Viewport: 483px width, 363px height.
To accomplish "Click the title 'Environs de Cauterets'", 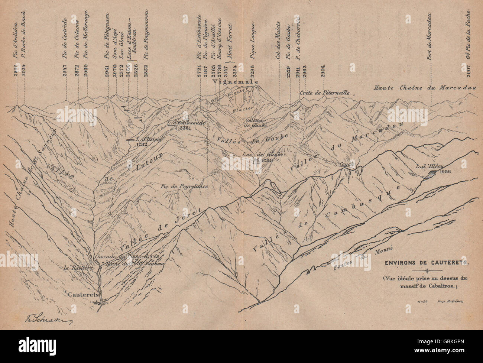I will (427, 262).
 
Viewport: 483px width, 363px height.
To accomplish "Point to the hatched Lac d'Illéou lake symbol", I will (431, 172).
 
